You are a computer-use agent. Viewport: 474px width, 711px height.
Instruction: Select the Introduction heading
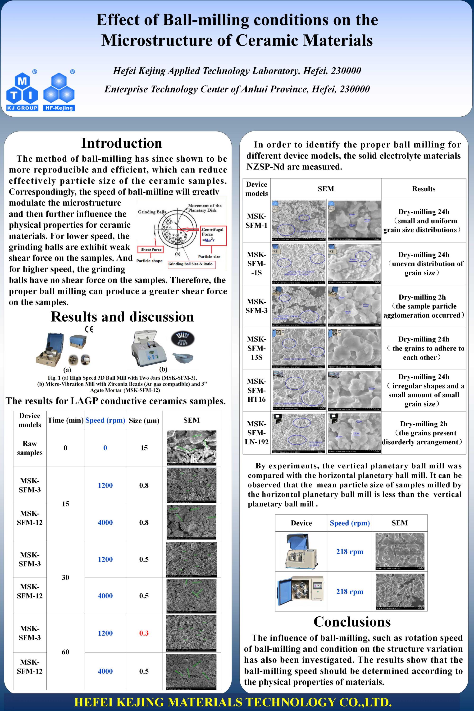pyautogui.click(x=122, y=143)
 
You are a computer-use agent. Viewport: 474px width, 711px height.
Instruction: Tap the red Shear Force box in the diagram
pyautogui.click(x=151, y=249)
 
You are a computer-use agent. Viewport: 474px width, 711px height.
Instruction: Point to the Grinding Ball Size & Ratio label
pyautogui.click(x=191, y=264)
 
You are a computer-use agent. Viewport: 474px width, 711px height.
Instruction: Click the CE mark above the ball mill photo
pyautogui.click(x=89, y=329)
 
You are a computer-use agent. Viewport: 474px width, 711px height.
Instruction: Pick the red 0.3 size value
pyautogui.click(x=144, y=633)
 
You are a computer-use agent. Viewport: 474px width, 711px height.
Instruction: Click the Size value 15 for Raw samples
pyautogui.click(x=144, y=448)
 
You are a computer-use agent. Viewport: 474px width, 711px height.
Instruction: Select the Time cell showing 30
pyautogui.click(x=65, y=577)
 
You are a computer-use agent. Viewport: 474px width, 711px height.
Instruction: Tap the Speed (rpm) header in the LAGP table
pyautogui.click(x=105, y=420)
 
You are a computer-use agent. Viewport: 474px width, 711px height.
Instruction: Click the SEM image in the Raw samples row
pyautogui.click(x=191, y=448)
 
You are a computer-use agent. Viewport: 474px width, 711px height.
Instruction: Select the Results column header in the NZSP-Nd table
pyautogui.click(x=424, y=189)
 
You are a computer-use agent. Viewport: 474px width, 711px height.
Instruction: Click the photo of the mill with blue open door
pyautogui.click(x=301, y=591)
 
